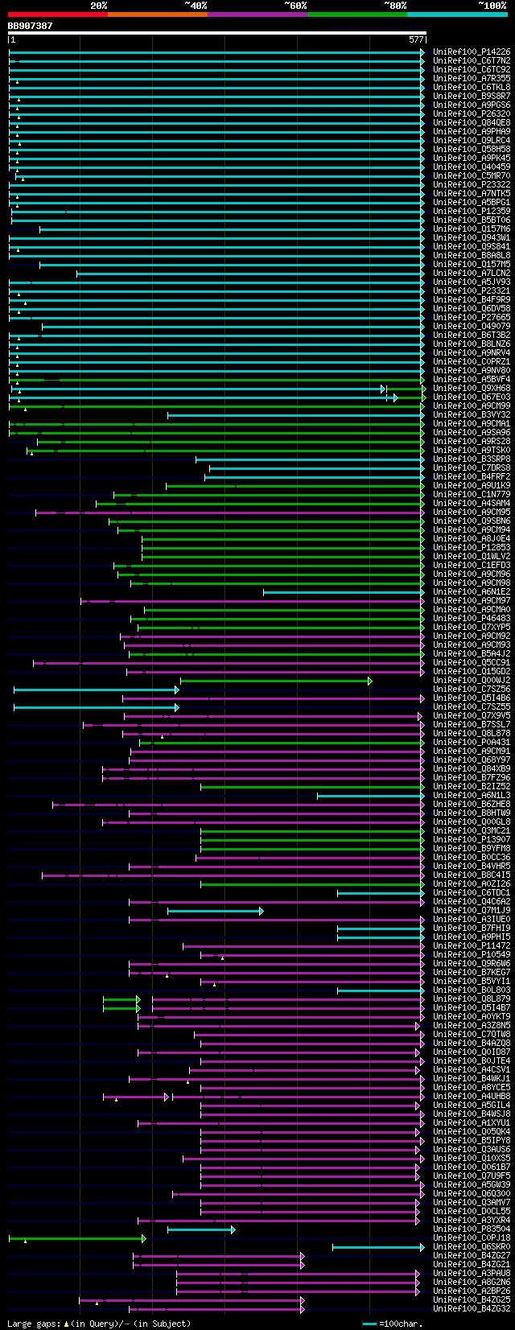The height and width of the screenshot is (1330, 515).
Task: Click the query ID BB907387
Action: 30,26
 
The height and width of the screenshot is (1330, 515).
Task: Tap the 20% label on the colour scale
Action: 98,6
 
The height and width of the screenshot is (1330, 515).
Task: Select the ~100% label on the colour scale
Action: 492,6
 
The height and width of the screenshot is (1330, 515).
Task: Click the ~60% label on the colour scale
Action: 295,6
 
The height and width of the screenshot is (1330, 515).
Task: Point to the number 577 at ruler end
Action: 416,39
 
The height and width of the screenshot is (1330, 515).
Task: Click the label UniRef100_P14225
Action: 472,51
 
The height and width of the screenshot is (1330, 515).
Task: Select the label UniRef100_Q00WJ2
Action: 472,680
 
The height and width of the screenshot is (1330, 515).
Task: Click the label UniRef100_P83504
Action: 472,1229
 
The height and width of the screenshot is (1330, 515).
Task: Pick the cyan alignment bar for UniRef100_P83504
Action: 200,1229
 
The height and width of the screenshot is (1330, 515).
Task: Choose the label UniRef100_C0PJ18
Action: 472,1237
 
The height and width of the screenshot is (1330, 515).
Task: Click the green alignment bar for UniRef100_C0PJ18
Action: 76,1238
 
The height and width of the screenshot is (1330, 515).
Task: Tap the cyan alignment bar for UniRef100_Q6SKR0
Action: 377,1247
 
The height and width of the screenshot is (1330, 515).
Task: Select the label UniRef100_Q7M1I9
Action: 472,910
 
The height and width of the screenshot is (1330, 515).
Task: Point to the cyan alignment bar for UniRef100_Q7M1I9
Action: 214,911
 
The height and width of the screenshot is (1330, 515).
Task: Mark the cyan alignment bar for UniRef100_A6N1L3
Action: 370,796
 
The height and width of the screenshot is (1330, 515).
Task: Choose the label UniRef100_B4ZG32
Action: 472,1308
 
